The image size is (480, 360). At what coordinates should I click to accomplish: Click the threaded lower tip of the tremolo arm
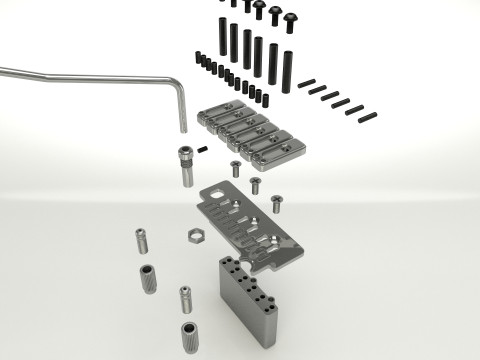coord(185,127)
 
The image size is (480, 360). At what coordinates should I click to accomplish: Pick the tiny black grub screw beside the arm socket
coord(203,150)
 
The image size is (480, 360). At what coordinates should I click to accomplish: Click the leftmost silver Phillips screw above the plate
coord(235,168)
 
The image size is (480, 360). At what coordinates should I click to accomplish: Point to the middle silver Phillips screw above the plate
coord(255,185)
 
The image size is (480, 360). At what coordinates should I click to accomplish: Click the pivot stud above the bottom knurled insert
coord(185,298)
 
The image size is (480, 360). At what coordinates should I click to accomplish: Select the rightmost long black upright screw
coord(286,70)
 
